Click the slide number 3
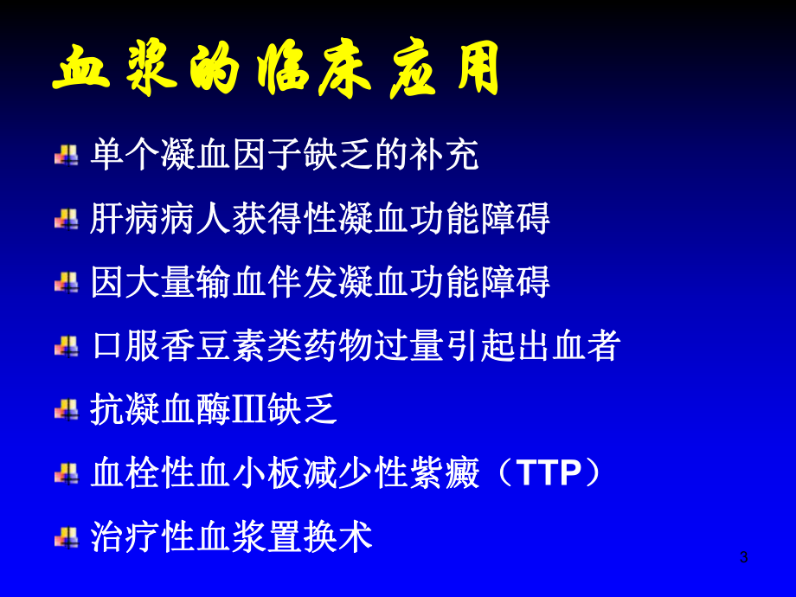click(x=743, y=557)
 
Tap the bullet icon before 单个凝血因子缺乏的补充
click(x=67, y=156)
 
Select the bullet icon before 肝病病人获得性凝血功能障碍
click(x=67, y=219)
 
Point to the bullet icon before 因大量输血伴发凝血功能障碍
click(x=67, y=282)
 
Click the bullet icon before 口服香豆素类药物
click(x=67, y=346)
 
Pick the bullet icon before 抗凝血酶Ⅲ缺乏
click(x=67, y=409)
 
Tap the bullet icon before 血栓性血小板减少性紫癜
click(x=67, y=473)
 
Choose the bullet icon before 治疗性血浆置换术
click(x=67, y=537)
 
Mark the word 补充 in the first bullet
click(x=444, y=156)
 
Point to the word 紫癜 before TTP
click(x=444, y=473)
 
